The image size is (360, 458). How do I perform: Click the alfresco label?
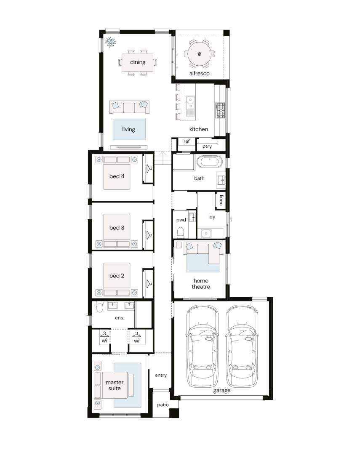coord(199,73)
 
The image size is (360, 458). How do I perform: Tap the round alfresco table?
coord(200,54)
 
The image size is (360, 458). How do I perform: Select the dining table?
coord(138,62)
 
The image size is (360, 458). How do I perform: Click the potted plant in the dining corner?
coord(110,42)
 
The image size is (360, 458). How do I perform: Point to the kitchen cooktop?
coord(220,110)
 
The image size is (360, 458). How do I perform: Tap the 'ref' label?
coord(187,141)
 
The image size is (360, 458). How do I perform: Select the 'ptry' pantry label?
coord(207,146)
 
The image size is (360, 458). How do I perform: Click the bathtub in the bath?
coord(209,162)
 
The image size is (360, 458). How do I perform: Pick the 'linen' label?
coord(221,200)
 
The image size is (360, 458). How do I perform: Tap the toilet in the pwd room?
coord(181,232)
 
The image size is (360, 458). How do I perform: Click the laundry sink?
coord(206,233)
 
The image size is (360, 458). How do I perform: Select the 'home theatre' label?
coord(201,284)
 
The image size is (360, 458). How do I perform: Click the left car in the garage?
coord(202,346)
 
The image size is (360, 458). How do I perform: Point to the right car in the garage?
coord(242,346)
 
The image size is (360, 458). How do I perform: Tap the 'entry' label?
coord(161,375)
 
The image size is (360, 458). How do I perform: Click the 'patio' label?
coord(163,405)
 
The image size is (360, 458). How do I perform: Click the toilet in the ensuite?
coord(100,307)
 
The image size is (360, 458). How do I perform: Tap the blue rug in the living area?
coord(129,129)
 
